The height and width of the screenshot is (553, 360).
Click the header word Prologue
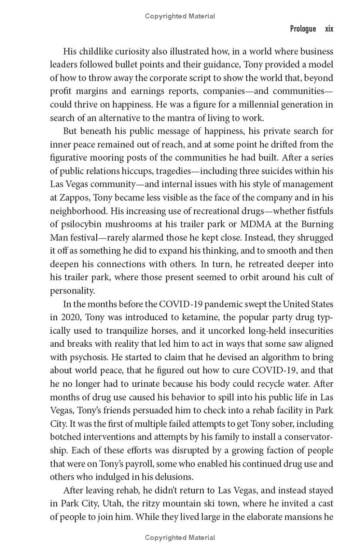[x=303, y=29]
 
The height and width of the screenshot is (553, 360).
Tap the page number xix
[x=329, y=29]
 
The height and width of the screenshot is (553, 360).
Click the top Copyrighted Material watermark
[x=180, y=16]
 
